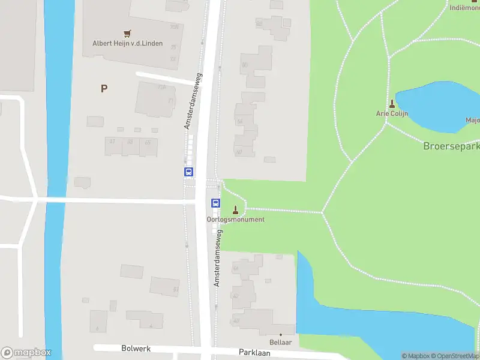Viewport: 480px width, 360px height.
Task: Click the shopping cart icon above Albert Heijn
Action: click(127, 34)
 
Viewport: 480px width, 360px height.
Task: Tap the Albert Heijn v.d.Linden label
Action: click(127, 43)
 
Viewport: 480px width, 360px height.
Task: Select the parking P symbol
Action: click(104, 88)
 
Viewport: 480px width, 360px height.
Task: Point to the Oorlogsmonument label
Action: click(236, 220)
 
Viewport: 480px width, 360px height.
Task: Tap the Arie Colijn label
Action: click(392, 113)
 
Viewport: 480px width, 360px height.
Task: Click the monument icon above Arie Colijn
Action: click(392, 103)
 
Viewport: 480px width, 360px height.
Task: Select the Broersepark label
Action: click(451, 146)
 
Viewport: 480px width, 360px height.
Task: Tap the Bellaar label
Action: click(280, 342)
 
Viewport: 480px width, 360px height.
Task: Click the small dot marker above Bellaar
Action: click(280, 334)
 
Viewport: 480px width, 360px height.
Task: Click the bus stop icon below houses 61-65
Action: click(188, 172)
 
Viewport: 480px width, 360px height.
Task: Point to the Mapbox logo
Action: click(26, 353)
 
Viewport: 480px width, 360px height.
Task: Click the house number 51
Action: click(164, 287)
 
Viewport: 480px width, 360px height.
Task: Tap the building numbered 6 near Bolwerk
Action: click(98, 322)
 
